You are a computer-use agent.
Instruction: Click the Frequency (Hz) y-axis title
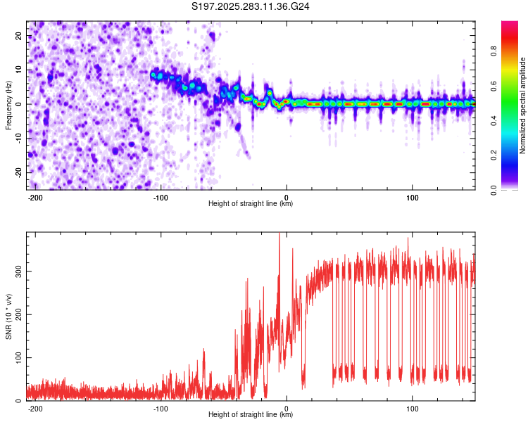9,105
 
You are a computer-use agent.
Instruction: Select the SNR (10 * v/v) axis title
9,316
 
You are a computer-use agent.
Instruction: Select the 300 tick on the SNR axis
17,270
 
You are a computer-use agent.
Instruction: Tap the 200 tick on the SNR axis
17,314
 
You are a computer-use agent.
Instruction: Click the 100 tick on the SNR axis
17,357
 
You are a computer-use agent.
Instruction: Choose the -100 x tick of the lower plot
161,408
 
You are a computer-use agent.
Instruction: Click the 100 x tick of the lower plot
413,408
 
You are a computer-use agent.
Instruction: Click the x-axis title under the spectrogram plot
251,204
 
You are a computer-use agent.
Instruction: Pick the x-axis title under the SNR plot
251,415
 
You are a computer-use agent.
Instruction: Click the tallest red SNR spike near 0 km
279,236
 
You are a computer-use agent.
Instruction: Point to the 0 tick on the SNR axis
21,401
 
